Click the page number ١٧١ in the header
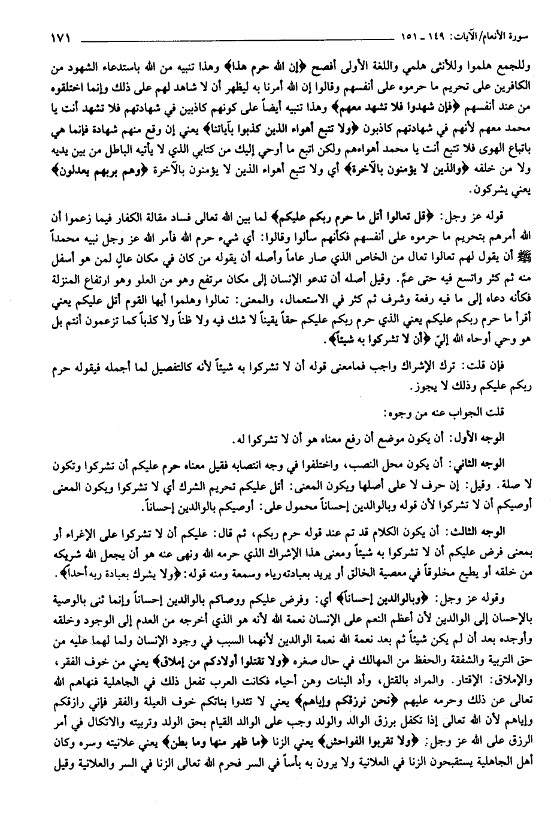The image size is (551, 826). (59, 40)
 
